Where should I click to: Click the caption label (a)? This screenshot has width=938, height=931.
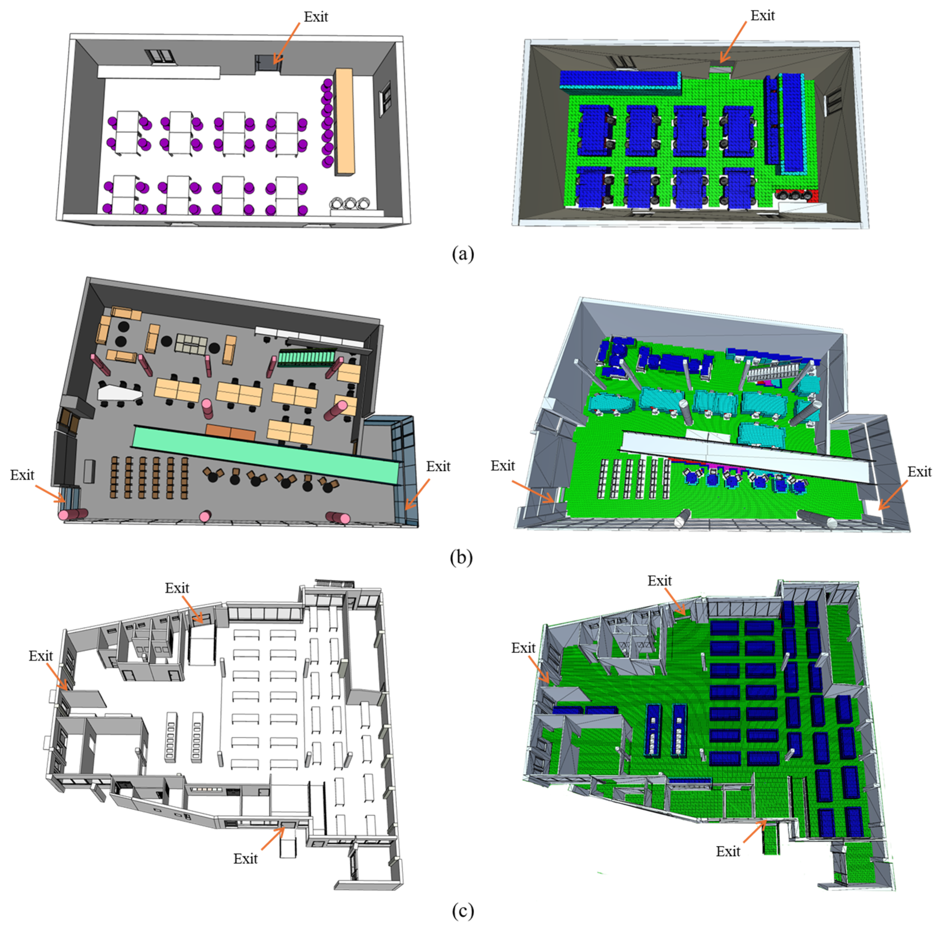tap(462, 253)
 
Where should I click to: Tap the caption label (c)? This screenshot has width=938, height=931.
tap(462, 912)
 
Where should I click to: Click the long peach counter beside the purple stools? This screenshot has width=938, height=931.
tap(344, 122)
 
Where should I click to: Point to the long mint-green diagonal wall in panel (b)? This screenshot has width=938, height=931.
tap(266, 454)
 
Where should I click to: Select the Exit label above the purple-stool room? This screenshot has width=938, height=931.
tap(316, 17)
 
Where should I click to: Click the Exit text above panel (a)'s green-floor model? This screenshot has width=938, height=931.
tap(762, 16)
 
